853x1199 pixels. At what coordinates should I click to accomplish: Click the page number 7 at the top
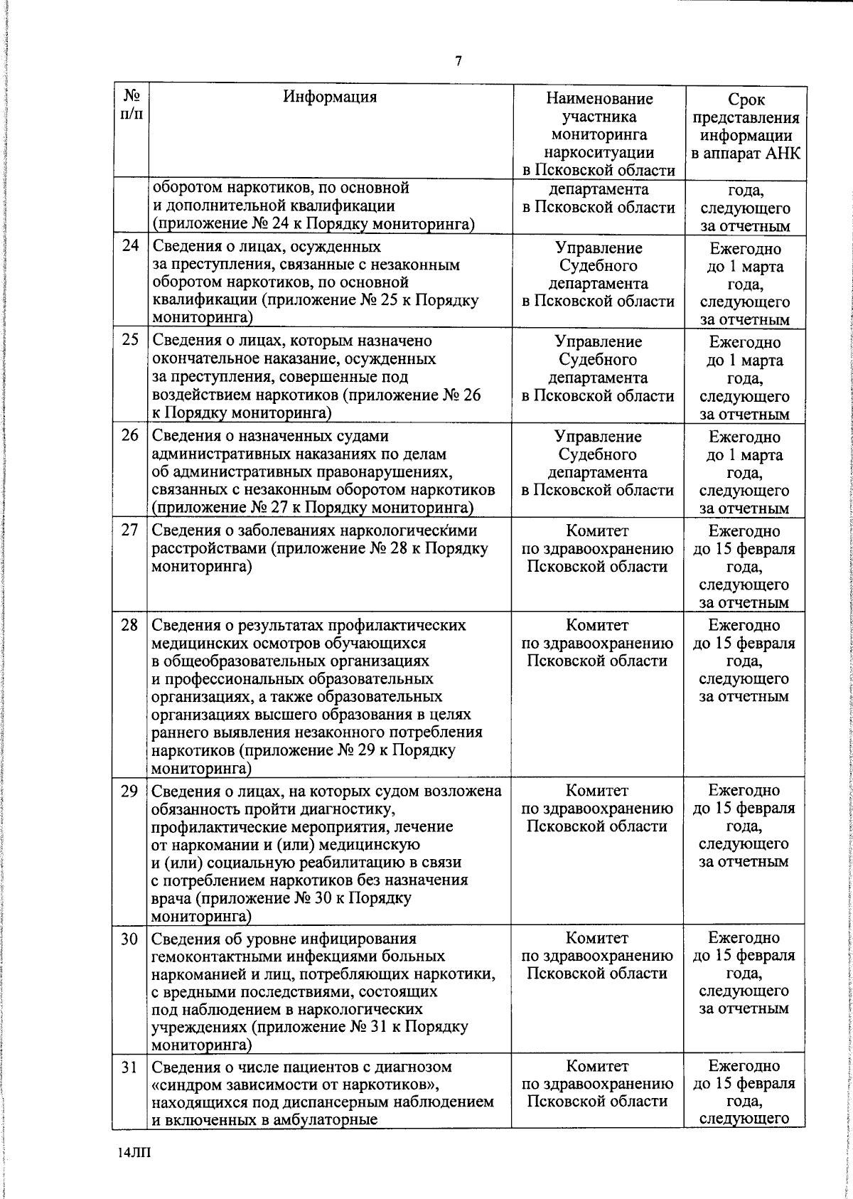point(458,61)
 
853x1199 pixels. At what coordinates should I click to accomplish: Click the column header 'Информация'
point(330,97)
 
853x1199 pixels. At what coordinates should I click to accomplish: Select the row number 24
point(129,248)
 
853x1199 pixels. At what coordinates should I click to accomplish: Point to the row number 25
point(129,341)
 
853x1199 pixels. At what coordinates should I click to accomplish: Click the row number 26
point(129,435)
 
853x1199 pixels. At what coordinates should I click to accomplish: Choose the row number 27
point(129,531)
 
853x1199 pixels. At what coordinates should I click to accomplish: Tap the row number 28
point(129,625)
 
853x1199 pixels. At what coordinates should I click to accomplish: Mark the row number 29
point(129,791)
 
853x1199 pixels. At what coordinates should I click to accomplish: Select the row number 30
point(129,939)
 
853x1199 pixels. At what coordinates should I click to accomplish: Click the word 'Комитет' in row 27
point(598,531)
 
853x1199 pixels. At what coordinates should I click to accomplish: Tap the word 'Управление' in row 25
point(598,341)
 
